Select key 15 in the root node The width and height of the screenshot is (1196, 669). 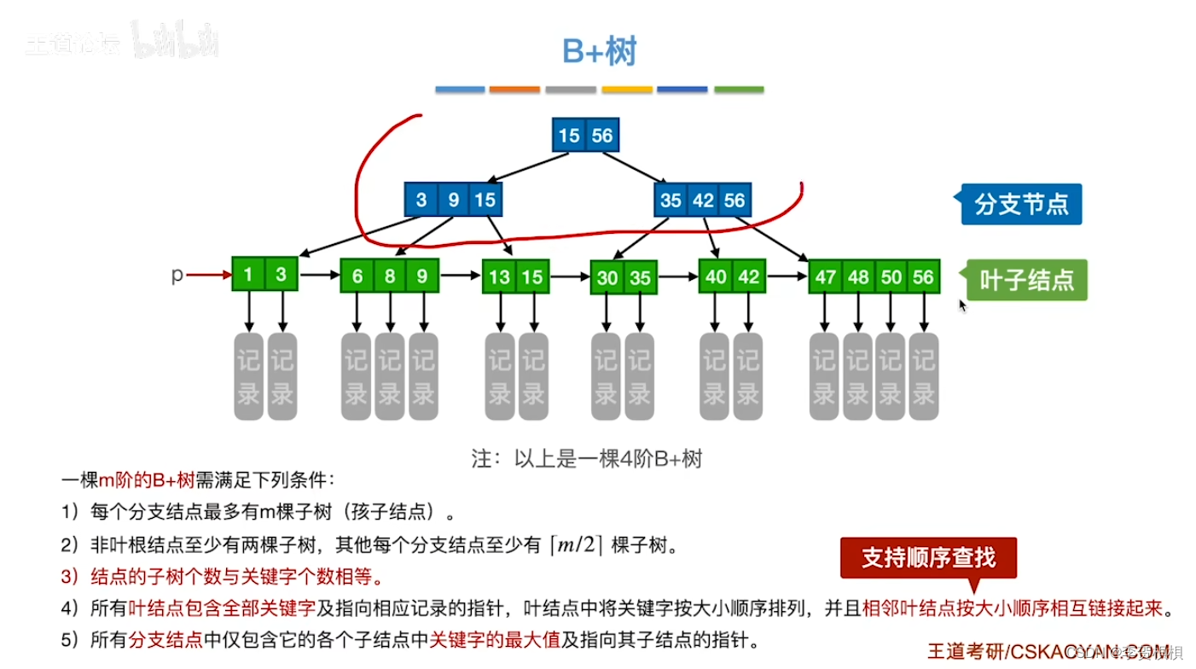pos(569,136)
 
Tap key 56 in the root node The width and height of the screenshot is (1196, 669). pos(601,136)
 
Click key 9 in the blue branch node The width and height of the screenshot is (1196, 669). pos(454,201)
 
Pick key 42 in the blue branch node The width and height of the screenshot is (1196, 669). pos(703,201)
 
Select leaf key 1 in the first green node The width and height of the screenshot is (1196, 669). pos(248,275)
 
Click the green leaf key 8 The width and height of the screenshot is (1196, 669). pos(390,276)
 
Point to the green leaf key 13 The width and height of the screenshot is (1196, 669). pos(500,277)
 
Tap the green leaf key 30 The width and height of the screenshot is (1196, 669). pos(607,278)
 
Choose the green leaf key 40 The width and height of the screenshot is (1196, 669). pos(716,276)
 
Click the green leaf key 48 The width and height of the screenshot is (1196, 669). pos(858,277)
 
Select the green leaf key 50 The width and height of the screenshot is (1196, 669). pos(891,277)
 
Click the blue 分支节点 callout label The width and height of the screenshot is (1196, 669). pos(1020,205)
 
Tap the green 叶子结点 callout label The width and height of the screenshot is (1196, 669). pos(1025,280)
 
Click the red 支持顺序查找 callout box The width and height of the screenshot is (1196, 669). pos(928,558)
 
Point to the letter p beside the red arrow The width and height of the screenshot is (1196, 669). pos(177,275)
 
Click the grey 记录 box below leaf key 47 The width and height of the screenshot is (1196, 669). pos(825,376)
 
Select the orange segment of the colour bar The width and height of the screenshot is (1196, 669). pos(514,89)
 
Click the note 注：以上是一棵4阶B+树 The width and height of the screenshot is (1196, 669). pos(587,458)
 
